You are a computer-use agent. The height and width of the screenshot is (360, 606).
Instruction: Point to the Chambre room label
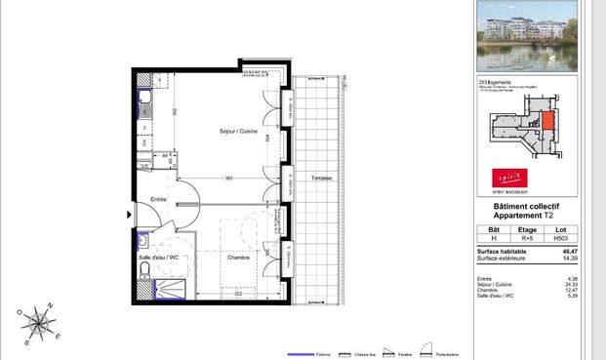pyautogui.click(x=238, y=258)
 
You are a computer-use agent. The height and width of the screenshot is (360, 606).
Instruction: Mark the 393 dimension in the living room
pyautogui.click(x=228, y=178)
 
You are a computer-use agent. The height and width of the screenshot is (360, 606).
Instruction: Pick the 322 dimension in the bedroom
pyautogui.click(x=237, y=293)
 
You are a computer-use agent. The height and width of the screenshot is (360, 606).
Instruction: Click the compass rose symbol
pyautogui.click(x=38, y=323)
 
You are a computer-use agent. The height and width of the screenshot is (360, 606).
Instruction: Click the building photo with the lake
pyautogui.click(x=527, y=37)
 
